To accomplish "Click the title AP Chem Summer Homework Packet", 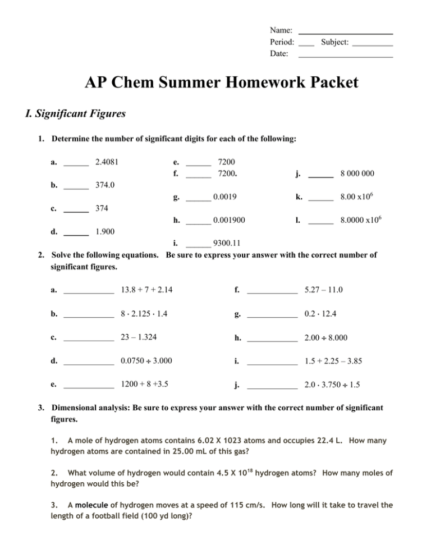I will [215, 83].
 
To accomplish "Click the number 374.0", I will [106, 185].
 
